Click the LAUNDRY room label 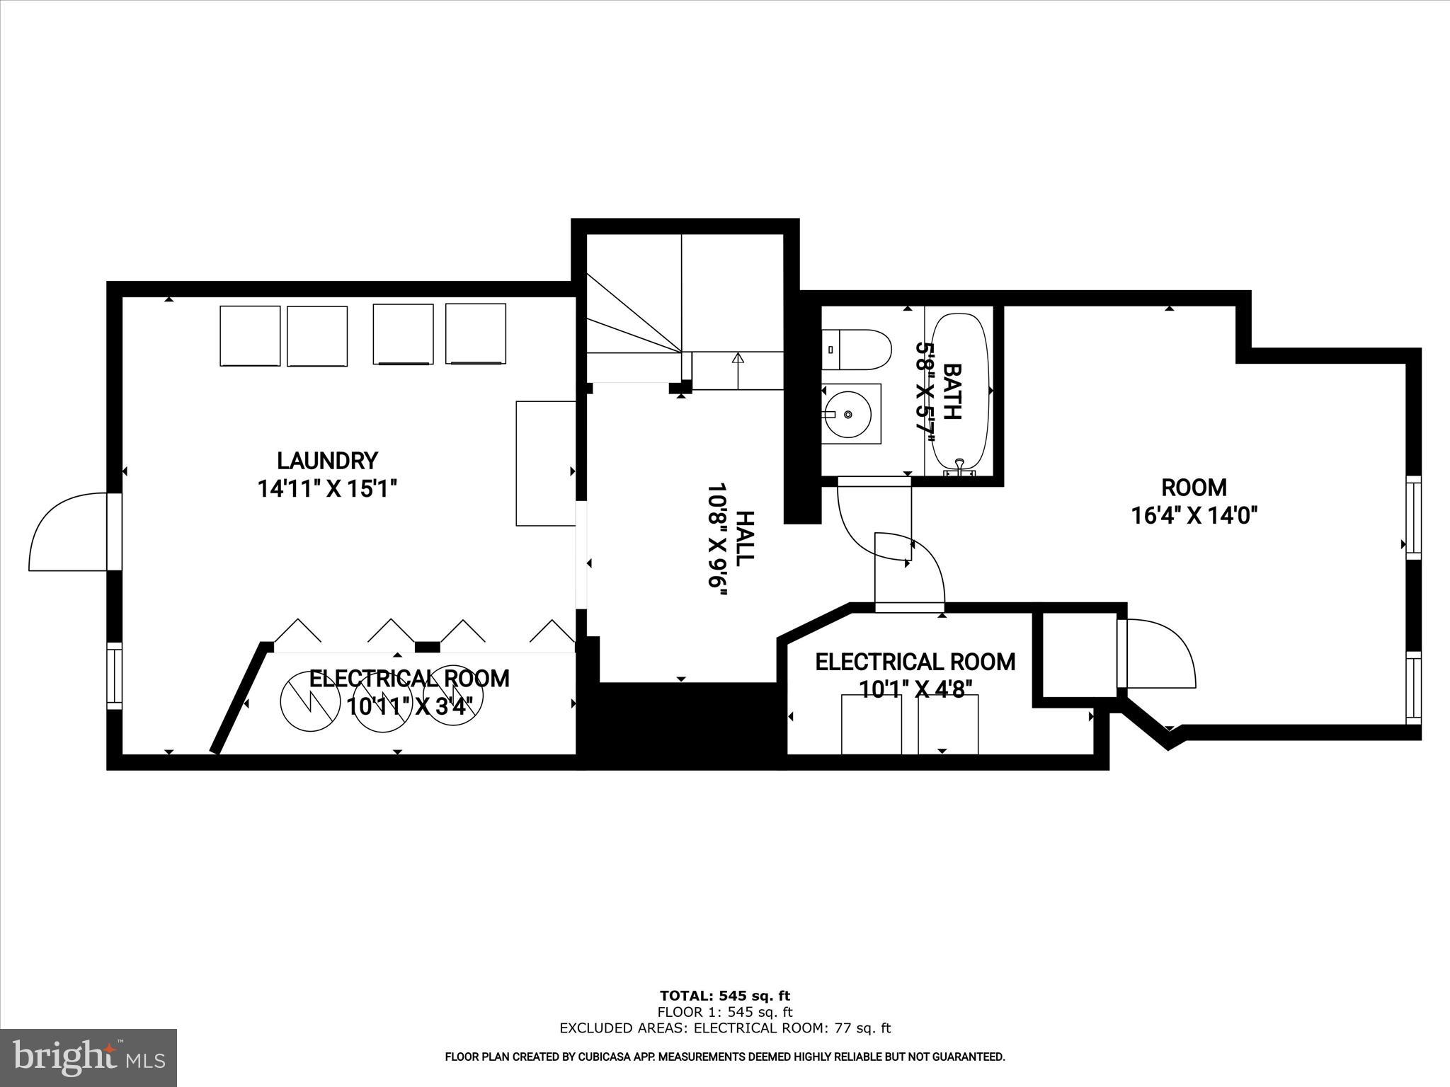pos(326,461)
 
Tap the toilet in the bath pos(857,350)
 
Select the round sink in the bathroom pos(847,414)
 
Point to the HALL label pos(744,537)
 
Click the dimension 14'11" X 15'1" pos(326,488)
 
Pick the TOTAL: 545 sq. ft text pos(724,996)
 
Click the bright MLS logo pos(89,1058)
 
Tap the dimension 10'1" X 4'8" pos(915,689)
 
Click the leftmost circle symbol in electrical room pos(307,701)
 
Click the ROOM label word pos(1194,488)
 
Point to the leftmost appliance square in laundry pos(250,335)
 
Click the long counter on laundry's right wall pos(545,464)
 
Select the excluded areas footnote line pos(724,1028)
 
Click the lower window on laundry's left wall pos(114,676)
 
